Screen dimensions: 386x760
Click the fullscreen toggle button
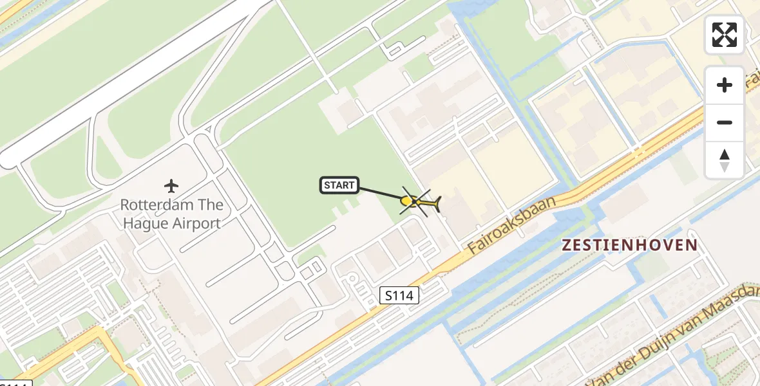click(x=725, y=35)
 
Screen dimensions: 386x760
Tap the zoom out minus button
click(x=725, y=122)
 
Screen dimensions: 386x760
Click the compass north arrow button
click(x=725, y=160)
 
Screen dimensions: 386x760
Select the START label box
click(x=339, y=186)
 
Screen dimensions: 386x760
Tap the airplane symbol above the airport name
click(x=171, y=187)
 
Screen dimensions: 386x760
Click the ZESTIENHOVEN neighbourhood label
click(x=629, y=245)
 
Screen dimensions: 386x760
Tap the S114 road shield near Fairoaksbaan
click(x=399, y=295)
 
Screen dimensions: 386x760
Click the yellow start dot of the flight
click(x=406, y=201)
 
